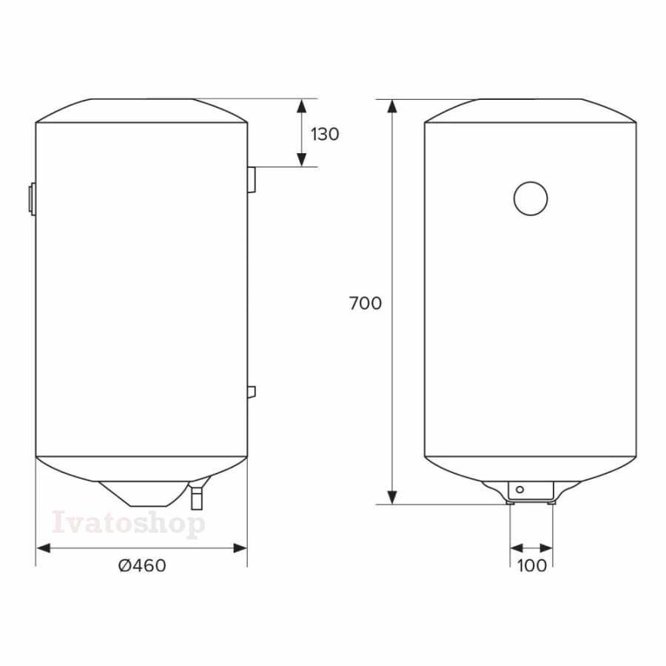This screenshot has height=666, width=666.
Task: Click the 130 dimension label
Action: [325, 134]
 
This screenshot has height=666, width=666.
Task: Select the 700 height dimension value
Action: [366, 303]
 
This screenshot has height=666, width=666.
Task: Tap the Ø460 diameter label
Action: [142, 566]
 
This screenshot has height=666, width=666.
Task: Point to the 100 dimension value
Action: [532, 566]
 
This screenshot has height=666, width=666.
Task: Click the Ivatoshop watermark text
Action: [129, 523]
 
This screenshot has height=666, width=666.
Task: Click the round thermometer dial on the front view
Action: [531, 198]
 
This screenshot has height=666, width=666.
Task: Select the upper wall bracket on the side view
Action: [252, 180]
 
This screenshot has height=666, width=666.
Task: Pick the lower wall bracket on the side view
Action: [252, 392]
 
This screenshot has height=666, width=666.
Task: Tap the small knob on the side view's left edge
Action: [33, 198]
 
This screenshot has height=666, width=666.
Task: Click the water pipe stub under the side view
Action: [197, 498]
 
